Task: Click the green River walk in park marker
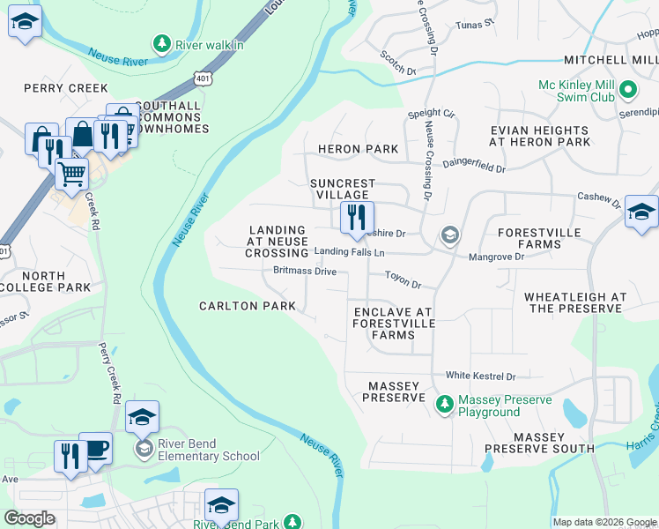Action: (161, 42)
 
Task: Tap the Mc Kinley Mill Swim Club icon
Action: (628, 90)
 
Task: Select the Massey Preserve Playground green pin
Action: (445, 405)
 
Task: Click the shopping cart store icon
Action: (71, 172)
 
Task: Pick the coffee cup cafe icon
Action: (95, 447)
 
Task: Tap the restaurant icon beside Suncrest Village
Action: (357, 217)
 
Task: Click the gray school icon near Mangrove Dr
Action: (450, 235)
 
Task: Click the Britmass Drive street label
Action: (305, 272)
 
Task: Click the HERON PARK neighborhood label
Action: (358, 149)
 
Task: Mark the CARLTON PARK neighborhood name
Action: (247, 306)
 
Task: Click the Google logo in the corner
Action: (30, 518)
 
